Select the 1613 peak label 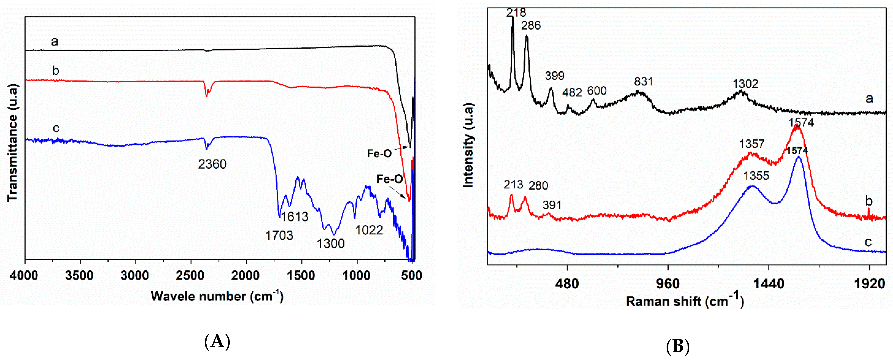[x=294, y=217]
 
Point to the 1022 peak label [x=369, y=230]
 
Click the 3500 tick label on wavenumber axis [x=79, y=276]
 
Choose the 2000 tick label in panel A [x=245, y=276]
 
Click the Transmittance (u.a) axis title [x=12, y=143]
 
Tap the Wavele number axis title [x=217, y=296]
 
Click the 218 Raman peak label [x=516, y=13]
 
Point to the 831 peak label [x=643, y=82]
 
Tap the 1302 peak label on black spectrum [x=745, y=84]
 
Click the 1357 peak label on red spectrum [x=752, y=144]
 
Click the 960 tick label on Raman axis [x=668, y=284]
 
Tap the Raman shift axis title [x=685, y=301]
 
